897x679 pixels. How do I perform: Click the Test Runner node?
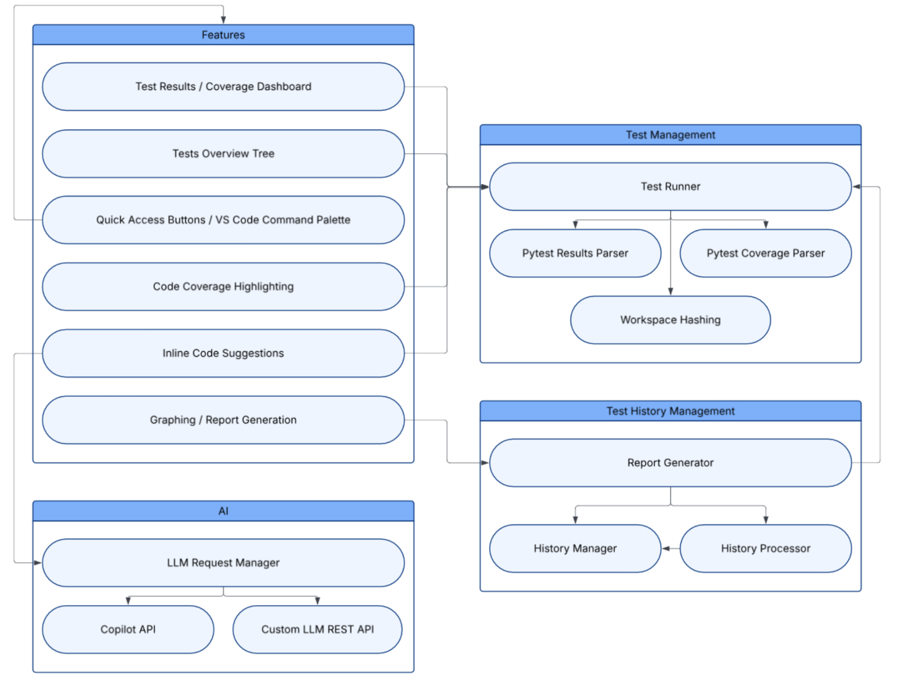pyautogui.click(x=670, y=187)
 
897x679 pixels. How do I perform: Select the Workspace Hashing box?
pyautogui.click(x=670, y=320)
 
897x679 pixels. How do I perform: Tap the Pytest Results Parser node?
pyautogui.click(x=575, y=253)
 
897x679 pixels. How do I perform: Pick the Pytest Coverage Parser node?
pyautogui.click(x=765, y=253)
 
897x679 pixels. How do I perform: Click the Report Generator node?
pyautogui.click(x=670, y=463)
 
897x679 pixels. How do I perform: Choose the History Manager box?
pyautogui.click(x=575, y=549)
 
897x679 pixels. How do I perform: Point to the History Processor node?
pyautogui.click(x=765, y=549)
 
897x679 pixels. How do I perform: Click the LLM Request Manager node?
pyautogui.click(x=223, y=563)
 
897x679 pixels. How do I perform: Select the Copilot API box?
pyautogui.click(x=128, y=629)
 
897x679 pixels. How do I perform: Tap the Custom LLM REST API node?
pyautogui.click(x=317, y=629)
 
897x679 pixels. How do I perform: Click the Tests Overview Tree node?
pyautogui.click(x=223, y=154)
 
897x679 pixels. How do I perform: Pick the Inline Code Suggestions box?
pyautogui.click(x=223, y=353)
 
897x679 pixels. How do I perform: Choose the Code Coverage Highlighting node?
pyautogui.click(x=223, y=287)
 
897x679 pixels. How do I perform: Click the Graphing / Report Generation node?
pyautogui.click(x=223, y=420)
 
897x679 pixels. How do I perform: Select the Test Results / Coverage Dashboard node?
pyautogui.click(x=223, y=87)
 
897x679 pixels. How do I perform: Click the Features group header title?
pyautogui.click(x=223, y=35)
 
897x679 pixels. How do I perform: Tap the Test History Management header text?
pyautogui.click(x=670, y=411)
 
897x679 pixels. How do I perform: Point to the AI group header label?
pyautogui.click(x=223, y=511)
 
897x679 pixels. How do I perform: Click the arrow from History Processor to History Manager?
pyautogui.click(x=670, y=549)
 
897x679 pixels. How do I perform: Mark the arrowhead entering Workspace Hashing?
pyautogui.click(x=670, y=291)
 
